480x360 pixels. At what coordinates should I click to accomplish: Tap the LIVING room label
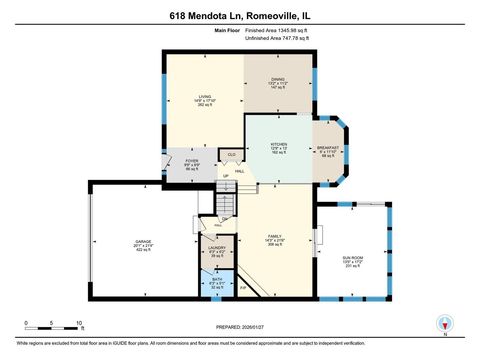point(203,96)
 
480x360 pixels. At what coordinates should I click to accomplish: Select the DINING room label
point(279,78)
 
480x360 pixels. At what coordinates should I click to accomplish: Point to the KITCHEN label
point(279,144)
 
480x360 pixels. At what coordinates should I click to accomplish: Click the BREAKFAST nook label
point(329,147)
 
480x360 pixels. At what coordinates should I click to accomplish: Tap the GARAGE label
point(143,241)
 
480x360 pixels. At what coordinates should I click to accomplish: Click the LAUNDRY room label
point(216,248)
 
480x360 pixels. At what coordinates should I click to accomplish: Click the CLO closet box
point(231,154)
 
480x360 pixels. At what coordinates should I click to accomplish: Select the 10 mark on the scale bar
point(80,323)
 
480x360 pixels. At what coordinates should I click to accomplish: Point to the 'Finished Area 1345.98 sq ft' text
point(276,30)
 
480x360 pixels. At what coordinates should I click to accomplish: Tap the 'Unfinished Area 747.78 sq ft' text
point(276,38)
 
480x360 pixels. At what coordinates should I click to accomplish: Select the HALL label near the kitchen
point(240,171)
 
